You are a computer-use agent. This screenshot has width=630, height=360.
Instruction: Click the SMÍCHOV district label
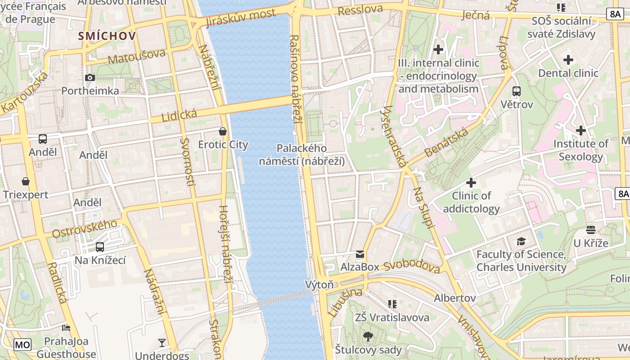tap(107, 36)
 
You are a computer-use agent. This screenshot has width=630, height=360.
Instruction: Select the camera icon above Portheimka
tap(90, 77)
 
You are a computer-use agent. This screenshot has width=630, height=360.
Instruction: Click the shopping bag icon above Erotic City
tap(222, 131)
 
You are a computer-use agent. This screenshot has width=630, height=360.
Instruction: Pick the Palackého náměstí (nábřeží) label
tap(301, 154)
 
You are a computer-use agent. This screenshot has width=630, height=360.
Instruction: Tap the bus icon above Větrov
tap(517, 91)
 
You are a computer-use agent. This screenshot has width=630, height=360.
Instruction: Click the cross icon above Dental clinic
tap(568, 59)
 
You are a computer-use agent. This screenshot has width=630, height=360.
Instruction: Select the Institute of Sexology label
tap(580, 150)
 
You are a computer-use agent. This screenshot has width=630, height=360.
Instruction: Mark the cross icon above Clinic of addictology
tap(471, 183)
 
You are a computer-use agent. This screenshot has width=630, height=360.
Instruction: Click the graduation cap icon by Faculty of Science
tap(521, 242)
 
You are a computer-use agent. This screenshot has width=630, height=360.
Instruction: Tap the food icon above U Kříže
tap(591, 230)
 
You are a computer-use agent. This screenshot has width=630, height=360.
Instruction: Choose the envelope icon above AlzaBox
tap(360, 254)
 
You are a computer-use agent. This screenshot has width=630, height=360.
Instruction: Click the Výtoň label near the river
tap(319, 284)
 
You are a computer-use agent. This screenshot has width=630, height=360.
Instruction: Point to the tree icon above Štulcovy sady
tap(368, 336)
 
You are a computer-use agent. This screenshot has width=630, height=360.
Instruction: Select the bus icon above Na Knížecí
tap(100, 247)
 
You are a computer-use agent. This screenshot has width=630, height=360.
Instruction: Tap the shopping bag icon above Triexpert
tap(26, 181)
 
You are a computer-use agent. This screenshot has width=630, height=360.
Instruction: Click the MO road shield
tap(22, 345)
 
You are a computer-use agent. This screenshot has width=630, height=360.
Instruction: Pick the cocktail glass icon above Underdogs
tap(162, 343)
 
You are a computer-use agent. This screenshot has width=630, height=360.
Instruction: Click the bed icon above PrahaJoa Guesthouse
tap(66, 328)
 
